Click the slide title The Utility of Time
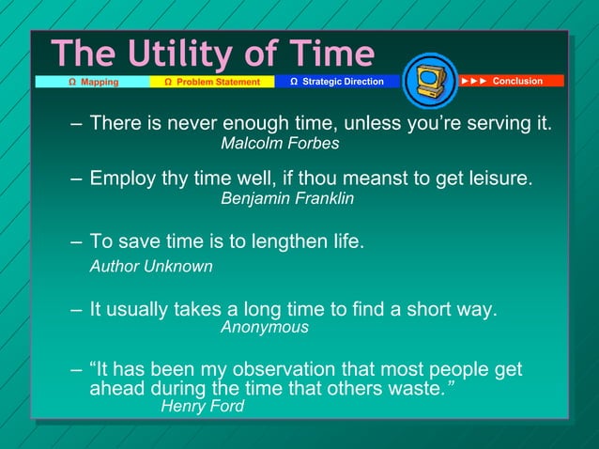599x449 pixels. click(212, 53)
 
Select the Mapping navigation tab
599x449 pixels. click(93, 82)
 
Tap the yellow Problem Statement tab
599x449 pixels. click(211, 82)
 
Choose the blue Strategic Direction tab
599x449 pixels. click(336, 82)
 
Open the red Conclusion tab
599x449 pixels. click(511, 81)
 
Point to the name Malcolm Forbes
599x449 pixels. click(279, 144)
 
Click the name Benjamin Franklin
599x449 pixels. click(286, 198)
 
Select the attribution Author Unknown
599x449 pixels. click(150, 267)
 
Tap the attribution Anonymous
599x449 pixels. click(264, 328)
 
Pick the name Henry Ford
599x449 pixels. click(202, 407)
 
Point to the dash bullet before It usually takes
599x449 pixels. click(77, 309)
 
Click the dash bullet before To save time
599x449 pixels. click(77, 242)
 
